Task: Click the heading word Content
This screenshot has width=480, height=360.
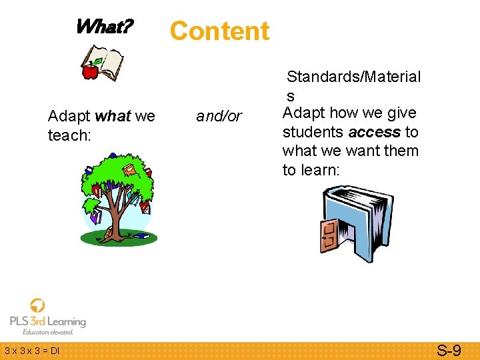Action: (x=219, y=31)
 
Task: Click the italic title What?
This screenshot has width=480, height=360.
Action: (x=104, y=27)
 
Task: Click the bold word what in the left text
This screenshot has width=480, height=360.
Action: (x=112, y=117)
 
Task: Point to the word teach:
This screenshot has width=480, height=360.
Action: (x=69, y=135)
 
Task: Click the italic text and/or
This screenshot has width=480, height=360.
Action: (x=219, y=117)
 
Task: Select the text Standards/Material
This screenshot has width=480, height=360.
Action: (x=353, y=77)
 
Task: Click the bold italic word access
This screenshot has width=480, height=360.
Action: (x=374, y=132)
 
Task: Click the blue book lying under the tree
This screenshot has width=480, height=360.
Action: (x=141, y=235)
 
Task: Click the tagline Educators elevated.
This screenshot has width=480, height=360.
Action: (x=48, y=332)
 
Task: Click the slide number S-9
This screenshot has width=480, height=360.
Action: (x=448, y=350)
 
